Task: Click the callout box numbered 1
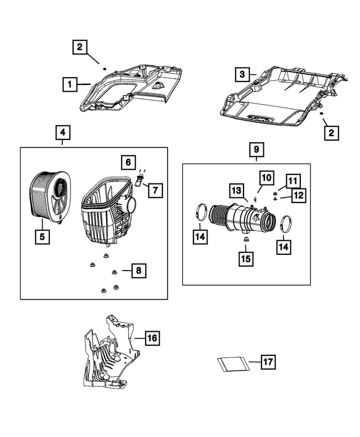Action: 69,85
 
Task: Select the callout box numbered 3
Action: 241,74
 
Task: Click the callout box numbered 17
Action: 269,362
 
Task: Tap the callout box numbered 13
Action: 236,190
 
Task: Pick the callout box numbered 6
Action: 128,163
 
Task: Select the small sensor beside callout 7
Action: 139,181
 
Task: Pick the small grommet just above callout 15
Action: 245,240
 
